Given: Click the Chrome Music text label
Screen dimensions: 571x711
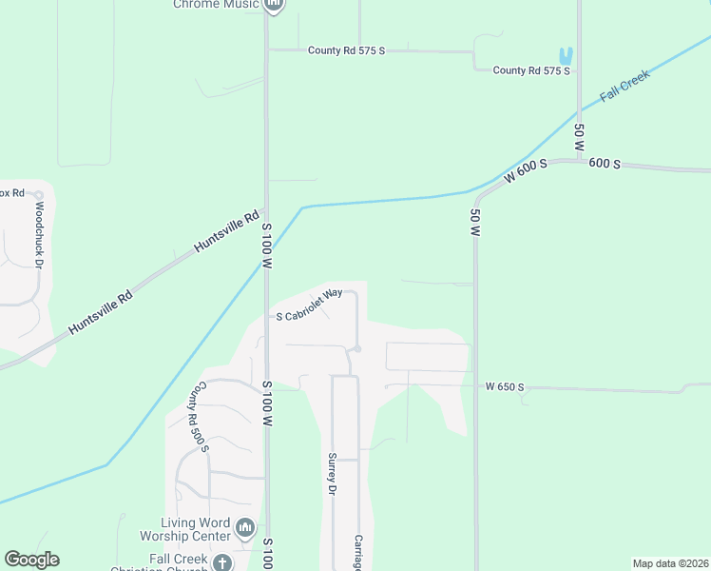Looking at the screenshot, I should (x=216, y=4).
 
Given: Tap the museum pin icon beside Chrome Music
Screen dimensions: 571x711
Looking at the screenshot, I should (x=274, y=5).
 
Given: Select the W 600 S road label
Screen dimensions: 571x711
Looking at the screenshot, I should (x=527, y=170).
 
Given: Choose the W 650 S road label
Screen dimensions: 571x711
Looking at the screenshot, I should (x=504, y=387).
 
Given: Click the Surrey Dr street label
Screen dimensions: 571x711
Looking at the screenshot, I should (x=333, y=473).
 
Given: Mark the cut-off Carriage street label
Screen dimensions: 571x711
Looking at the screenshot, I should (x=359, y=552).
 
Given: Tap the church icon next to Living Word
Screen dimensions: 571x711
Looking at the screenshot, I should (x=245, y=526).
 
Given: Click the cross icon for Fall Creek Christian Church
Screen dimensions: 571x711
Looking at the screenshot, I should (x=221, y=562).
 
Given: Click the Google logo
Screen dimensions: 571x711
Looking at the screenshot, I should (x=31, y=560).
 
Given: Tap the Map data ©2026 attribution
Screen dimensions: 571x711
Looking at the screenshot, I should (x=670, y=563).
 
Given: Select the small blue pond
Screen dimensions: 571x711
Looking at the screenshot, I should (x=567, y=56).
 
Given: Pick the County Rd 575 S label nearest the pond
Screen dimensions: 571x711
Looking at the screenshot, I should (x=531, y=70).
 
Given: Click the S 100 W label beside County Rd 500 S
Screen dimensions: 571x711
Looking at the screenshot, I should (x=268, y=404).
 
